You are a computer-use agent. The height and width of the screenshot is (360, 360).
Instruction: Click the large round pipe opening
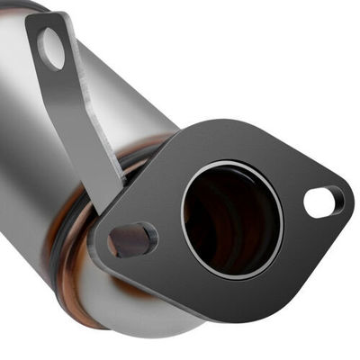231,219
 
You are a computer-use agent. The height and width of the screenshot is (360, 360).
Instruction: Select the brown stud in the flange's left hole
130,239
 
